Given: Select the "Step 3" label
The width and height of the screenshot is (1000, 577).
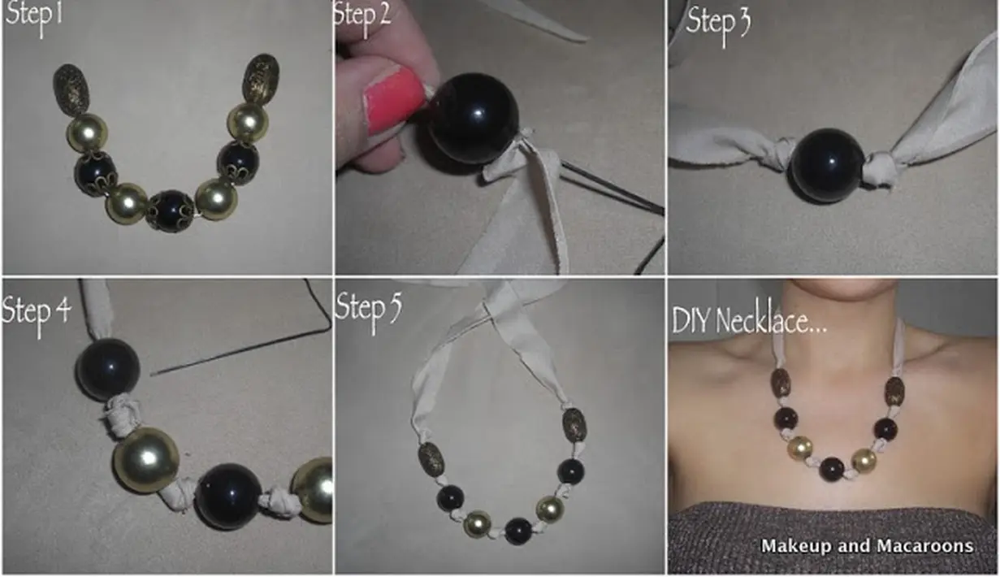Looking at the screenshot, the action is tap(718, 24).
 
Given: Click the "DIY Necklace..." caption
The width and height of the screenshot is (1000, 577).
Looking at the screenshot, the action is tap(750, 321).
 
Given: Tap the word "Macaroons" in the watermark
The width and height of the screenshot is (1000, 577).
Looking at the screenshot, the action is tap(924, 546).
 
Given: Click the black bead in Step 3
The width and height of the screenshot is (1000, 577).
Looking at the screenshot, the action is tap(827, 165).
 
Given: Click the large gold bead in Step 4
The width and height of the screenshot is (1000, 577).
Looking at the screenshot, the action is tap(146, 460).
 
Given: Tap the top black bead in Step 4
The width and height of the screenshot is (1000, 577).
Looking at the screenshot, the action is tap(107, 369).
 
